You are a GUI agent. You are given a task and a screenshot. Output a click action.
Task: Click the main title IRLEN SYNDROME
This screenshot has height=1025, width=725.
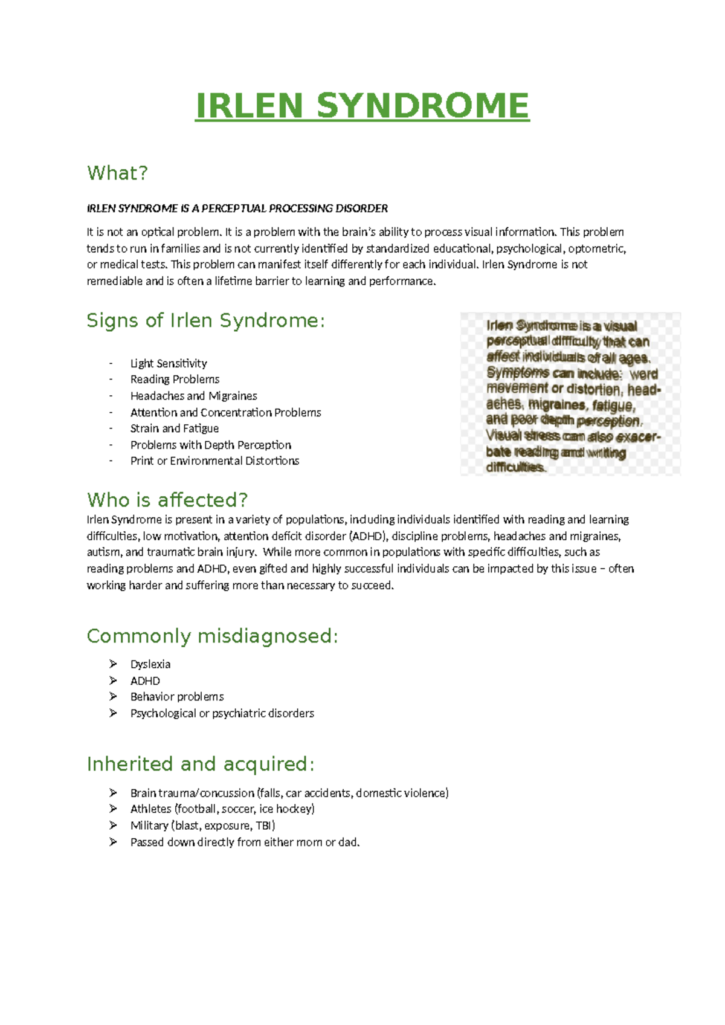tap(362, 106)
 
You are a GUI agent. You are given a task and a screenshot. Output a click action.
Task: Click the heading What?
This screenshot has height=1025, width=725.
tap(117, 173)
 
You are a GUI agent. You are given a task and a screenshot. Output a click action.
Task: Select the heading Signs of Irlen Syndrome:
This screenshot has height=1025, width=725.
tap(205, 320)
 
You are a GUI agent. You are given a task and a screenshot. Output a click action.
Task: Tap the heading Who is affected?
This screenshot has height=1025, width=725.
tap(167, 500)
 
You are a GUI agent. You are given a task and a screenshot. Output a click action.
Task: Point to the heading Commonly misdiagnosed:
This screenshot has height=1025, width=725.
tap(212, 636)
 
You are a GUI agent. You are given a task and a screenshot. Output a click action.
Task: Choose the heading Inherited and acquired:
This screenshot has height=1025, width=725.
tap(200, 764)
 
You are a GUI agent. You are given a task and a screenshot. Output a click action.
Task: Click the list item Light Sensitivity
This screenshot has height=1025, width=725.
tap(169, 363)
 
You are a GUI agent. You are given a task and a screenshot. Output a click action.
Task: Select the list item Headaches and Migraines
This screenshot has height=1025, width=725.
tap(193, 396)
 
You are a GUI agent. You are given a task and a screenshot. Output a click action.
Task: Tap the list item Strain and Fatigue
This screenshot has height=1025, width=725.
tap(174, 428)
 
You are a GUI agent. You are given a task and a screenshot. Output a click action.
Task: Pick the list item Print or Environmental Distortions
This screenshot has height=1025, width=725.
tap(214, 461)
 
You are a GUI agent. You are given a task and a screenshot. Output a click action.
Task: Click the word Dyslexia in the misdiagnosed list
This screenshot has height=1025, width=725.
tap(150, 664)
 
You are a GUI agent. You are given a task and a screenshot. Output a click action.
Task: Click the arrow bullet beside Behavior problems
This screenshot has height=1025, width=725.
tap(113, 697)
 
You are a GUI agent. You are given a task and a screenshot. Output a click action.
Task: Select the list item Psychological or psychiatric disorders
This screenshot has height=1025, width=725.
tap(222, 713)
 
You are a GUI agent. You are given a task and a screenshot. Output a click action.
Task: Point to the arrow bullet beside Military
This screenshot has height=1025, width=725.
tap(113, 826)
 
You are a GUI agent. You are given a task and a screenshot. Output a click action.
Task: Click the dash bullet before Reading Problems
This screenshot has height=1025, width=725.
tap(111, 380)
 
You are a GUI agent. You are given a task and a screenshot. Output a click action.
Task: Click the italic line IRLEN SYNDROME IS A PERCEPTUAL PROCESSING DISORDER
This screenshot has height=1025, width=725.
tap(237, 209)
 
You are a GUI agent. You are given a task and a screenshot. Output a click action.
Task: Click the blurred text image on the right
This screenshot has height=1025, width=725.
tap(570, 394)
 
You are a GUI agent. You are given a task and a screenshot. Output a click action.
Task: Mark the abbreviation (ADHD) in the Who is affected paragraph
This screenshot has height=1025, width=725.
tap(367, 536)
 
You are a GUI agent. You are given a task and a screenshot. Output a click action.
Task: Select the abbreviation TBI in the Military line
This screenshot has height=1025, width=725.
tap(265, 826)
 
